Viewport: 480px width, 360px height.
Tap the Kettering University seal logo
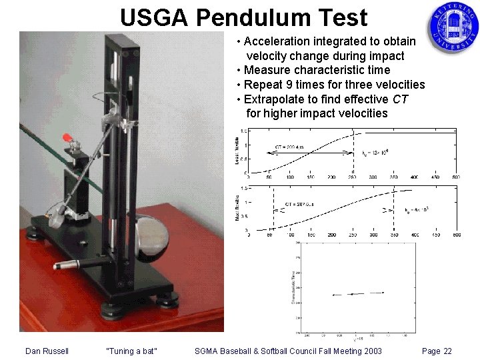(453, 27)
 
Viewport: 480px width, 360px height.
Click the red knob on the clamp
(67, 138)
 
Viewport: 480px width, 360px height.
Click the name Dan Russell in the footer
(47, 351)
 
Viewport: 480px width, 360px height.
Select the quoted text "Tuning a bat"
(132, 351)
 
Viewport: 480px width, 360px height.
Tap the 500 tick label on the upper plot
(455, 177)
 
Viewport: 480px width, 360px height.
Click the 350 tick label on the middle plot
(393, 235)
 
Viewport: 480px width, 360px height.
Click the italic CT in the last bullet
(400, 99)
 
